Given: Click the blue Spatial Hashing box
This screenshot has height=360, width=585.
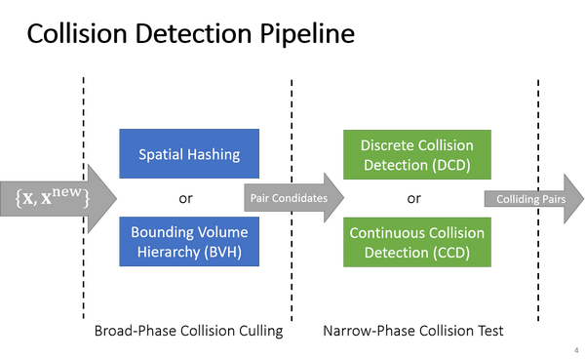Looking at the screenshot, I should tap(189, 153).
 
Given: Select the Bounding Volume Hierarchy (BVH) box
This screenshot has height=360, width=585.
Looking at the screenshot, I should tap(189, 241).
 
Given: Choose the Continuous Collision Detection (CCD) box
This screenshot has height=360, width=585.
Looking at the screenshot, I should tap(416, 241).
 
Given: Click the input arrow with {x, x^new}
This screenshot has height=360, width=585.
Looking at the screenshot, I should tap(58, 198).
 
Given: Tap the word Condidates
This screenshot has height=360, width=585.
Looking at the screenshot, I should tap(301, 198).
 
